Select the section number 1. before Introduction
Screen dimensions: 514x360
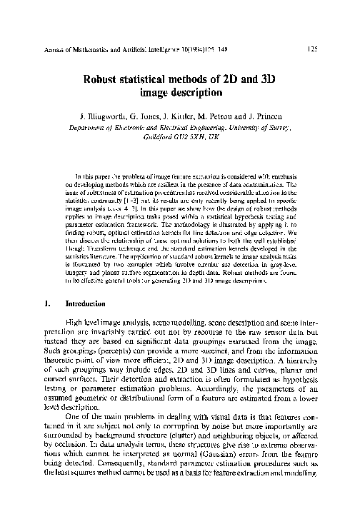pyautogui.click(x=46, y=302)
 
